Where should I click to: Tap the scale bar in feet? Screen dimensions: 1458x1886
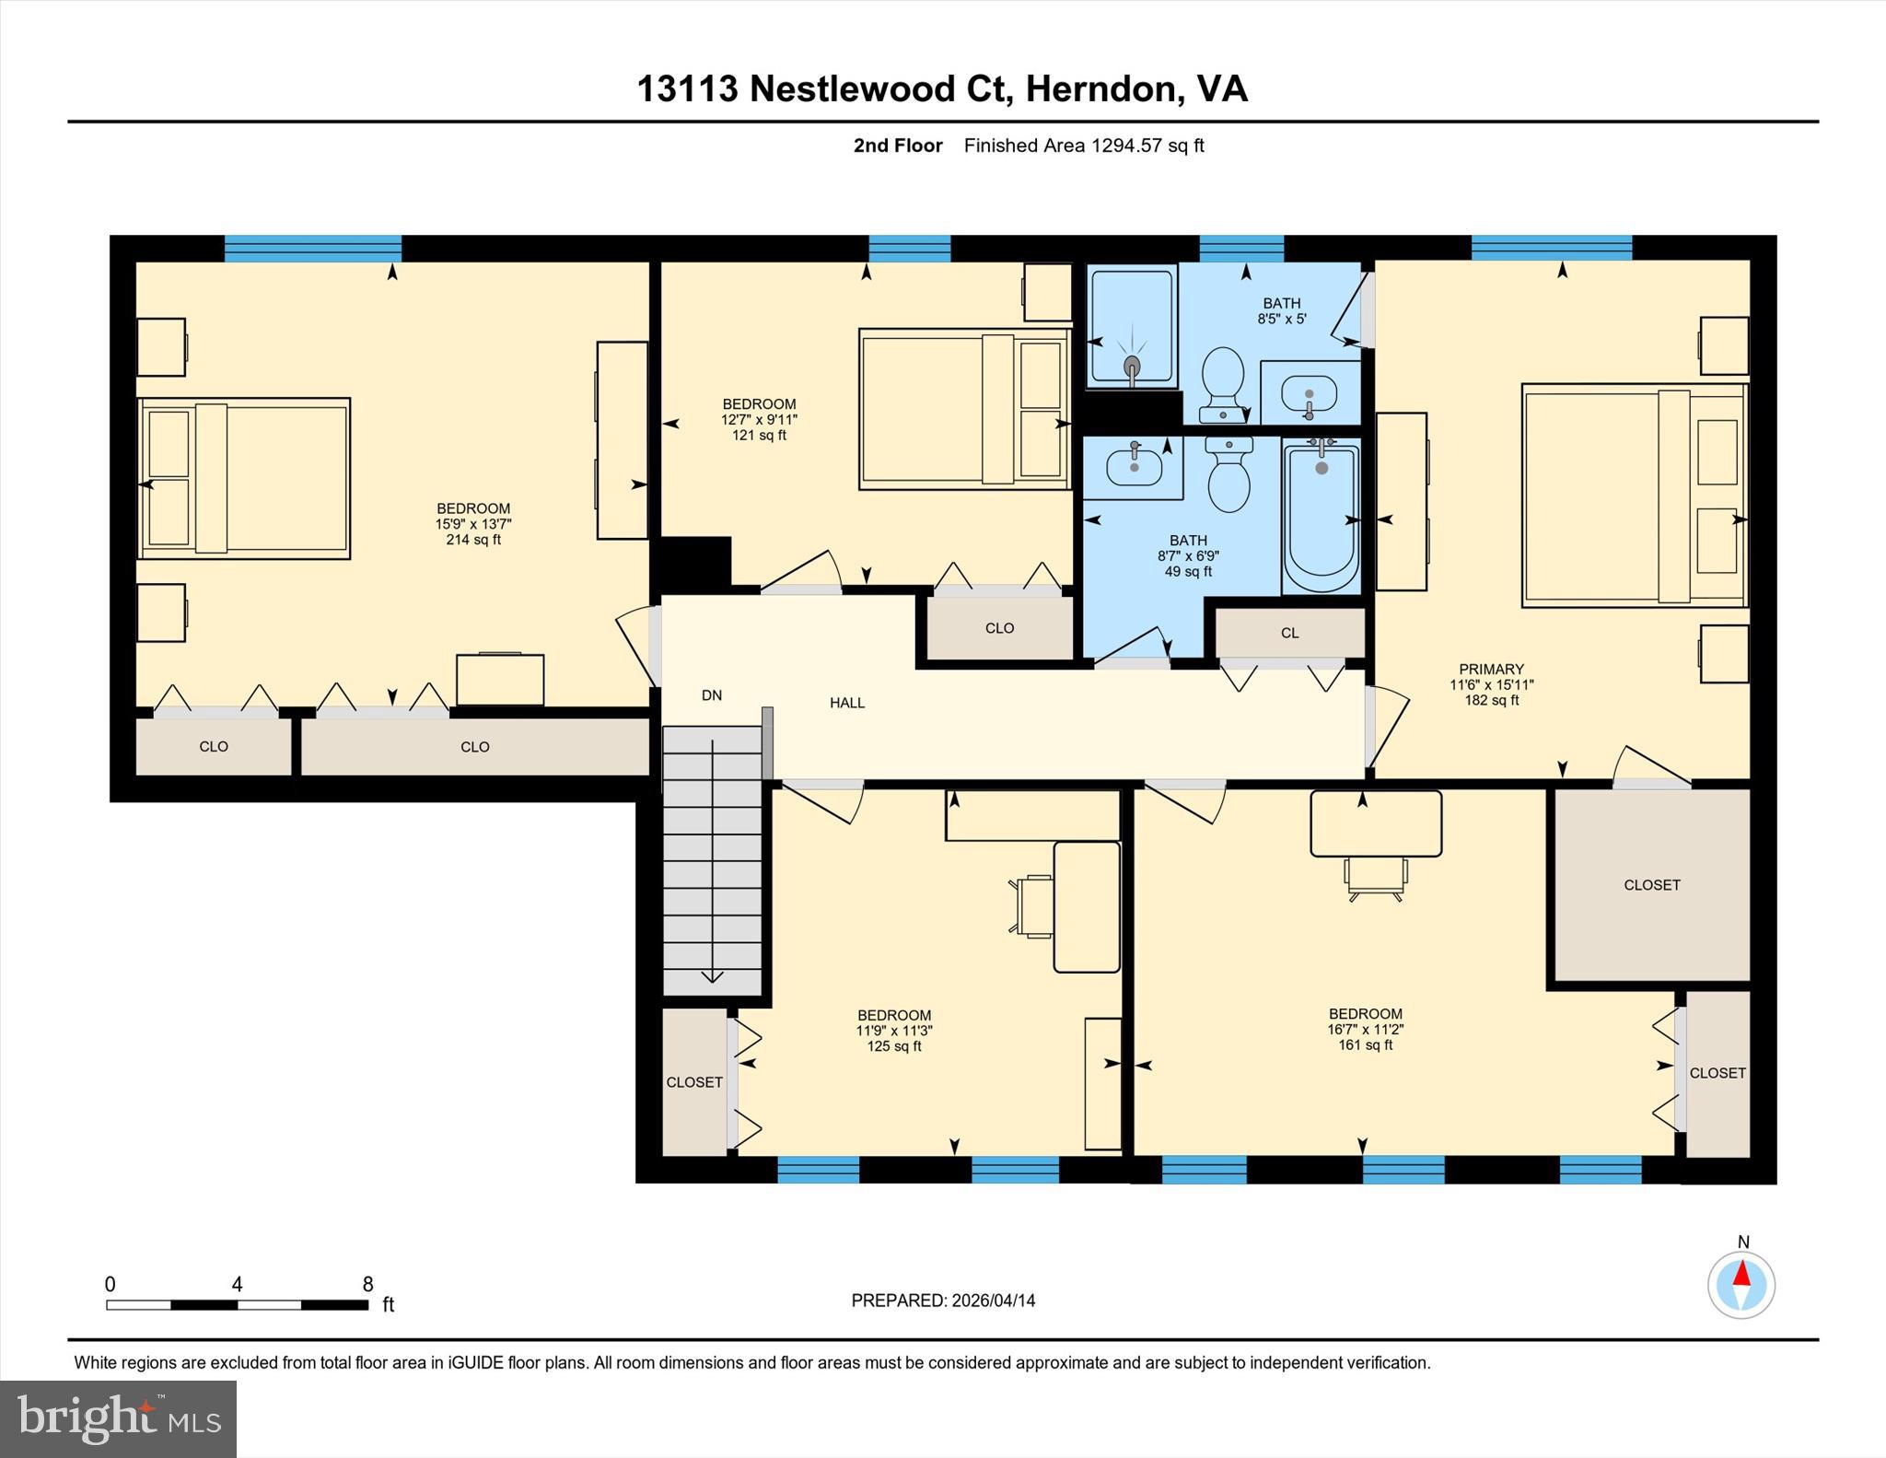(237, 1304)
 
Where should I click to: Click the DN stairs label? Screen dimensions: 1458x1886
(712, 695)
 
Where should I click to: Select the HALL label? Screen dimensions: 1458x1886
(847, 703)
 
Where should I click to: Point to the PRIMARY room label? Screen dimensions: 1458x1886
(1491, 670)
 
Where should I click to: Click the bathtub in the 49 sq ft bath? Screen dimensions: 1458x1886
(1321, 519)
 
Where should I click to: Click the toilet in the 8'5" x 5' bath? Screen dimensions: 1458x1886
(1224, 382)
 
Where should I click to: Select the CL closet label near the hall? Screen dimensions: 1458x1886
(1289, 633)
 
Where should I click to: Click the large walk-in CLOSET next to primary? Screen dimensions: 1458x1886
(1652, 884)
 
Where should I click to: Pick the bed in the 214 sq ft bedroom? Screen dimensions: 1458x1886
(244, 478)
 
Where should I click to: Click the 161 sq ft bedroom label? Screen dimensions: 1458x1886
(1365, 1029)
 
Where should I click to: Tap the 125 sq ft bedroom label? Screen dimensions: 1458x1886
(893, 1031)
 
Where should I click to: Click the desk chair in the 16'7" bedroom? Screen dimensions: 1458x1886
(1376, 878)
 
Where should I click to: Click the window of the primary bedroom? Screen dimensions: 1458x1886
(1551, 248)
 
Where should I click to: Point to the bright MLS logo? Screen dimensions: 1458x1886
(118, 1417)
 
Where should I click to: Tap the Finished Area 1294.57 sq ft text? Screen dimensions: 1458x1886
(1084, 146)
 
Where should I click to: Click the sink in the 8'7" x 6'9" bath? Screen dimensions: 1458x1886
(1133, 467)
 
